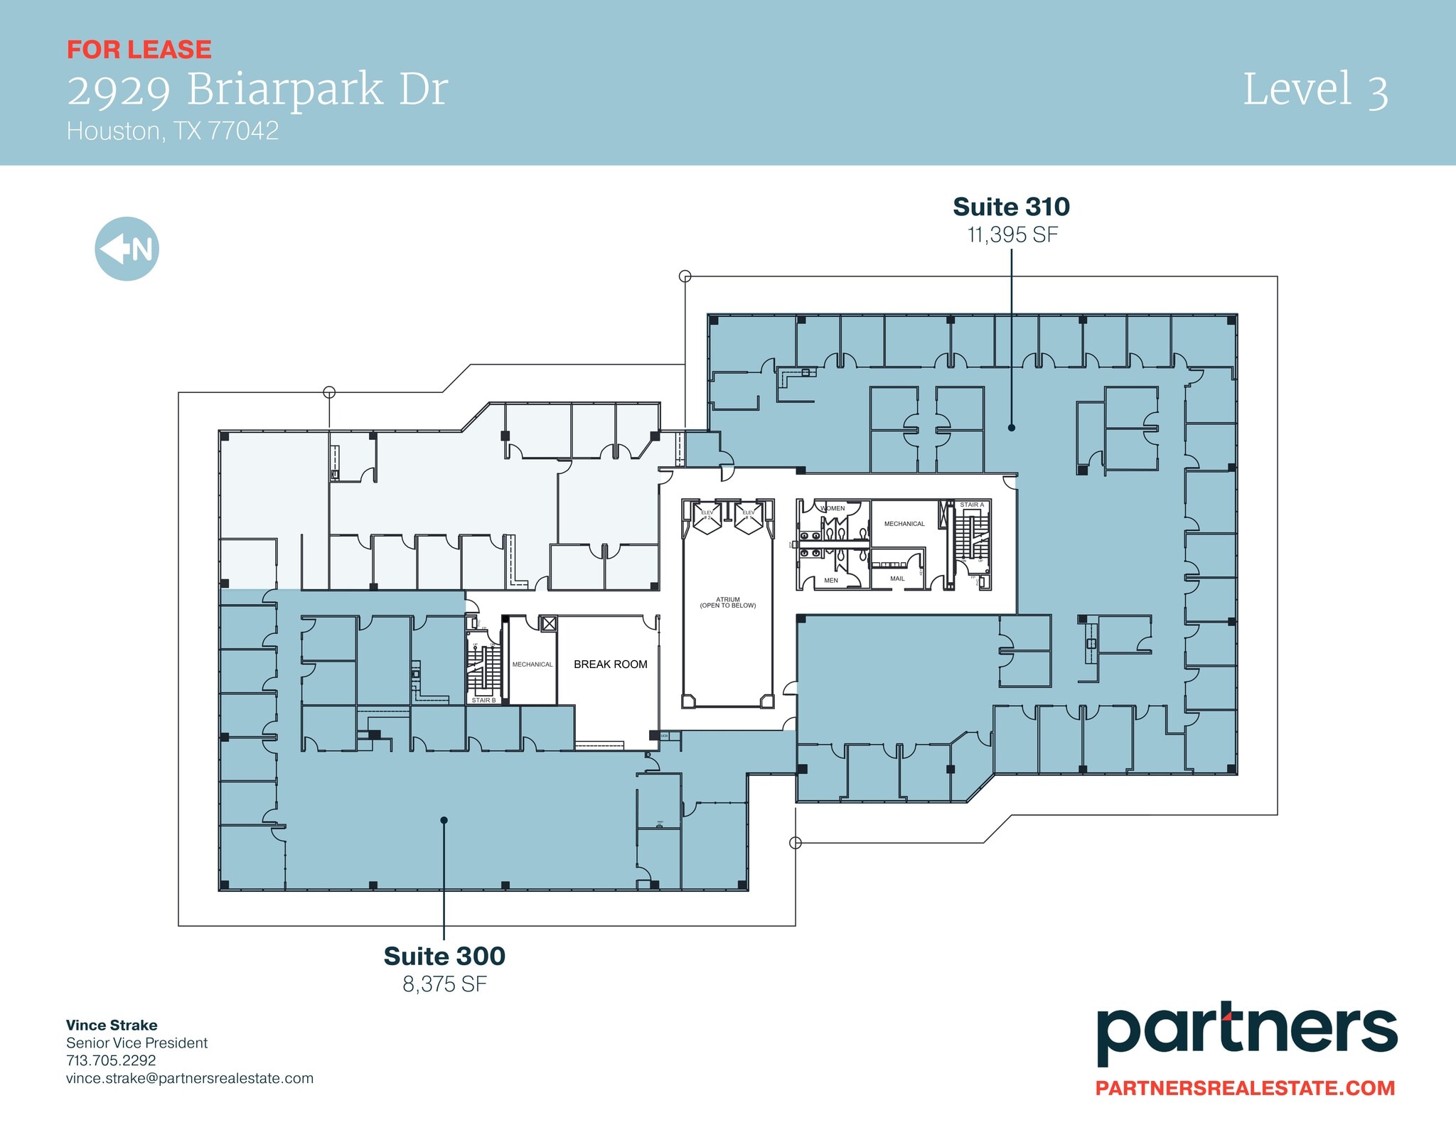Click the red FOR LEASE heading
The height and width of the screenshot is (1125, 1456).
pos(139,50)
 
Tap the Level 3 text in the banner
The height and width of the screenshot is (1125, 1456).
pos(1315,90)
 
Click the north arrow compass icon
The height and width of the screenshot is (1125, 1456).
pos(127,249)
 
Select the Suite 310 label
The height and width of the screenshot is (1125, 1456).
pos(1011,207)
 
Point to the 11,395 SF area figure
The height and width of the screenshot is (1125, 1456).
pos(1012,235)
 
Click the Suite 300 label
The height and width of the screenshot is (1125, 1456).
pos(444,956)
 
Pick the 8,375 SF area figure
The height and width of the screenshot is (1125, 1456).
pos(444,984)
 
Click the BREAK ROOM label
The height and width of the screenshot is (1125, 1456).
pos(610,664)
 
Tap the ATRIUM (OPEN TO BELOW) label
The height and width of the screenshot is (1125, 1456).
pos(727,603)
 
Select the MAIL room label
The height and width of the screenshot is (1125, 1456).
pos(897,578)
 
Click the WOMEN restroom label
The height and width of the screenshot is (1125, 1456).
pos(833,508)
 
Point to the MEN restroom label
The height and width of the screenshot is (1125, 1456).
pos(830,581)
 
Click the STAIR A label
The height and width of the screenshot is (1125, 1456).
pos(971,505)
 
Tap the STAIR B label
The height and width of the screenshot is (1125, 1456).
pos(483,701)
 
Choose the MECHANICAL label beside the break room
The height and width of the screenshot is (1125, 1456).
pos(532,664)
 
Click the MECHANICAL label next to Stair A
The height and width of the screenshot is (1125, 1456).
pos(904,524)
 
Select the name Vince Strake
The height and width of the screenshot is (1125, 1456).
pos(112,1025)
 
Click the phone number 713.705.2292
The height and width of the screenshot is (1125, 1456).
pos(111,1060)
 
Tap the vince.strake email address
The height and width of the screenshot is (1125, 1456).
pos(189,1078)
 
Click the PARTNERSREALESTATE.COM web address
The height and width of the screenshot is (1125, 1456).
pos(1244,1087)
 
